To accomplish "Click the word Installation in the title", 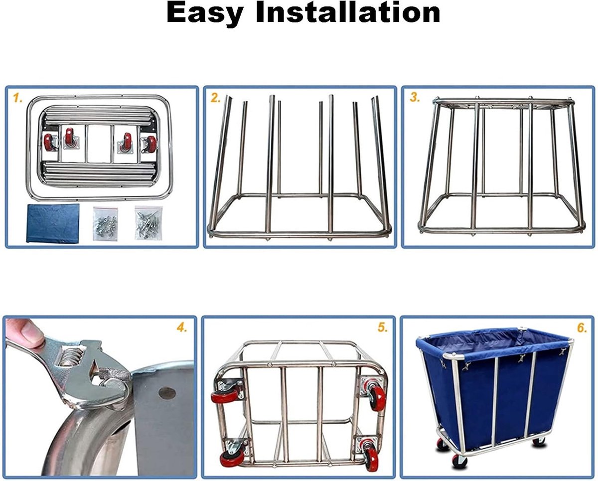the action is (348, 12).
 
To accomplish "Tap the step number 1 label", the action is (17, 98).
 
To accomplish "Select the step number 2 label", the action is (216, 98).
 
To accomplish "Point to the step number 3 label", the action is (415, 98).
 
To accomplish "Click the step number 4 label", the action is (182, 328).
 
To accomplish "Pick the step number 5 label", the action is (382, 328).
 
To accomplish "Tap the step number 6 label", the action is (582, 328).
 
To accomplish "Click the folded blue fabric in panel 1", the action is (53, 223).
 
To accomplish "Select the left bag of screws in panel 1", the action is (105, 223).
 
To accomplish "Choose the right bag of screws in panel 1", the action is (149, 223).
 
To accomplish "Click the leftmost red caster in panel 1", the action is (49, 142).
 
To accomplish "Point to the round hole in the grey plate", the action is (167, 393).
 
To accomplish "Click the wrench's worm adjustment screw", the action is (69, 357).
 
